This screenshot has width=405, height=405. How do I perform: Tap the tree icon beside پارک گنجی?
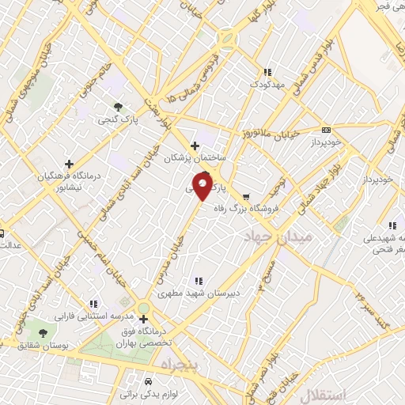[x=118, y=106]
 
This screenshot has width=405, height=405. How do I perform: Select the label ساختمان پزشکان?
[x=195, y=158]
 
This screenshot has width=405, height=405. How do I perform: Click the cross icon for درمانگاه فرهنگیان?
[x=70, y=163]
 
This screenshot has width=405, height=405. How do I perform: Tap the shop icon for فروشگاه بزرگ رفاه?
[x=245, y=196]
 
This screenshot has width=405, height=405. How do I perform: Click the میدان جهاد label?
[x=278, y=237]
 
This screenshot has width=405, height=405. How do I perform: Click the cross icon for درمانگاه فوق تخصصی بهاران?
[x=143, y=320]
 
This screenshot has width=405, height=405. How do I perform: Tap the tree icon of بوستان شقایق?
[x=42, y=334]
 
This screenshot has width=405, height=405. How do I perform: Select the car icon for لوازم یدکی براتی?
[x=150, y=380]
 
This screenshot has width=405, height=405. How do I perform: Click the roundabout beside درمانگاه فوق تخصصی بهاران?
[x=142, y=308]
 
